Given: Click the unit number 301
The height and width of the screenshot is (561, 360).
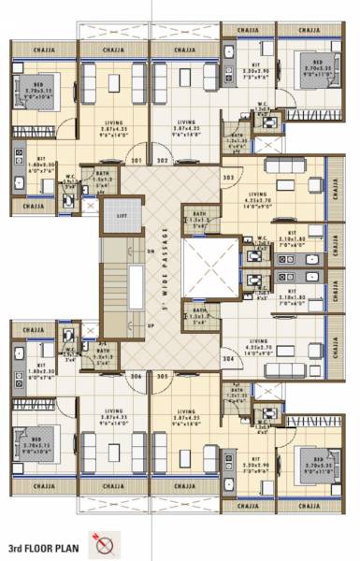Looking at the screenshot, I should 137,161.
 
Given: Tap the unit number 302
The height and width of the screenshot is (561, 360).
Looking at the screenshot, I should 162,161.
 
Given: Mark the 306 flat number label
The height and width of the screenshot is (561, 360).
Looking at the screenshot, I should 137,376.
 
